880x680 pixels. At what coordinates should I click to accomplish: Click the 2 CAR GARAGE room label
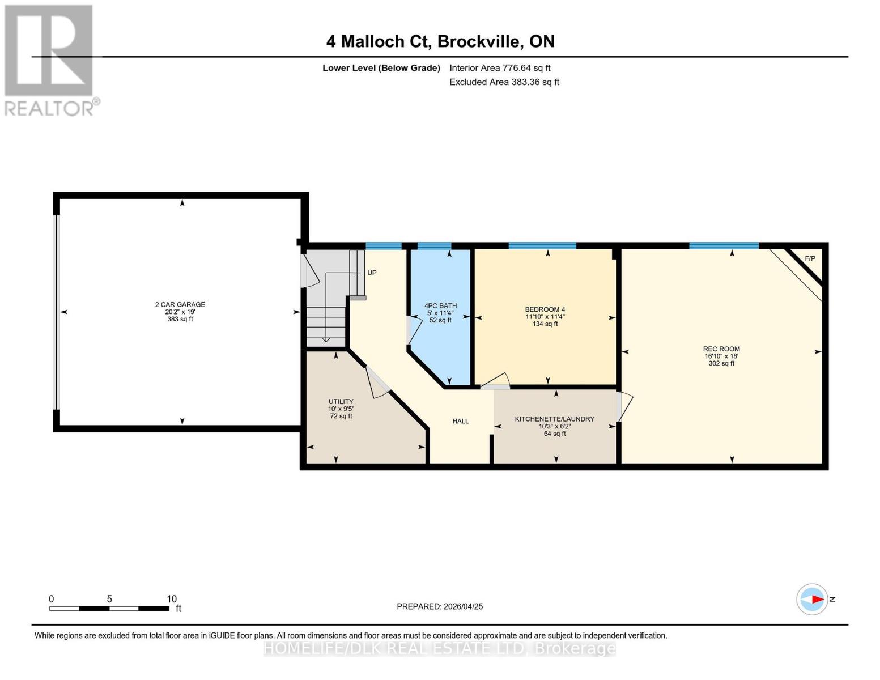point(180,305)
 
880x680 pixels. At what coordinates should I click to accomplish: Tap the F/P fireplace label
point(810,259)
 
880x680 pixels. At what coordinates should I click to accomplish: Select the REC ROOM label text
point(721,349)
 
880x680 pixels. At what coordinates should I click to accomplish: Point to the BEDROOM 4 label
point(545,309)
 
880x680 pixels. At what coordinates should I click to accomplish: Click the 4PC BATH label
point(440,306)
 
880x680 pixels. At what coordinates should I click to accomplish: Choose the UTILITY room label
point(341,402)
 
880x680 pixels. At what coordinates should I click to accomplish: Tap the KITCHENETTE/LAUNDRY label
point(554,419)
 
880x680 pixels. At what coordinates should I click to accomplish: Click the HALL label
point(460,421)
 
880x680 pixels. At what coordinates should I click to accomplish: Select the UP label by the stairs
point(372,273)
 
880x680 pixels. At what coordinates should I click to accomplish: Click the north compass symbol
point(813,599)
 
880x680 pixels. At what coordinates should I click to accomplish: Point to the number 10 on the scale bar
point(172,599)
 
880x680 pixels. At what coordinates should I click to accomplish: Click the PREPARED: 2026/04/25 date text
point(440,606)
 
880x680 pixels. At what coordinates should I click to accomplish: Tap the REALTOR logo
point(50,60)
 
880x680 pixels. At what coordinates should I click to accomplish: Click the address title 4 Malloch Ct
point(440,41)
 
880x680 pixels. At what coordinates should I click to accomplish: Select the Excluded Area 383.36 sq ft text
point(504,82)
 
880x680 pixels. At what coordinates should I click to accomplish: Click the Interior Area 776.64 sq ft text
point(500,68)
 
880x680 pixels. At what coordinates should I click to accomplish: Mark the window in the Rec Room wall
point(724,246)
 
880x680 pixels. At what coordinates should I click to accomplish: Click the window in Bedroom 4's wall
point(542,246)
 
